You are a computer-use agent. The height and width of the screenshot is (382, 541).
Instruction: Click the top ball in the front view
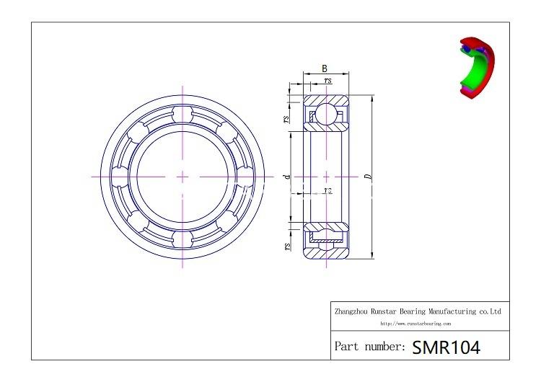[182, 115]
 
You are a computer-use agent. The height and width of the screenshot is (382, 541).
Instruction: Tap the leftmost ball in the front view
[121, 176]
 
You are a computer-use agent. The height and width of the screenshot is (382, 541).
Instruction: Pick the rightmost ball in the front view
[244, 176]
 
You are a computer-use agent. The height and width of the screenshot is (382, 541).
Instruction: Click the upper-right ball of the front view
[226, 133]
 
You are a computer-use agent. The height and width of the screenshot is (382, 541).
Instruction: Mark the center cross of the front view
[182, 176]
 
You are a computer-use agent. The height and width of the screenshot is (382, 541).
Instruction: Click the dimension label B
[325, 68]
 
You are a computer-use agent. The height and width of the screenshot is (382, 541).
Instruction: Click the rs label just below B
[328, 81]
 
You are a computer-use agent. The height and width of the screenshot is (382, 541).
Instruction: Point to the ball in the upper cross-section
[326, 113]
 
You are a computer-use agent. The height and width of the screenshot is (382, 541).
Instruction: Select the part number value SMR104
[446, 347]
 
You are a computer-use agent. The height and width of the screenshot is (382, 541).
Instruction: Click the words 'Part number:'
[369, 347]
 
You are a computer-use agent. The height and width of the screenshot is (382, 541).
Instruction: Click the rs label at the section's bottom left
[287, 246]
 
